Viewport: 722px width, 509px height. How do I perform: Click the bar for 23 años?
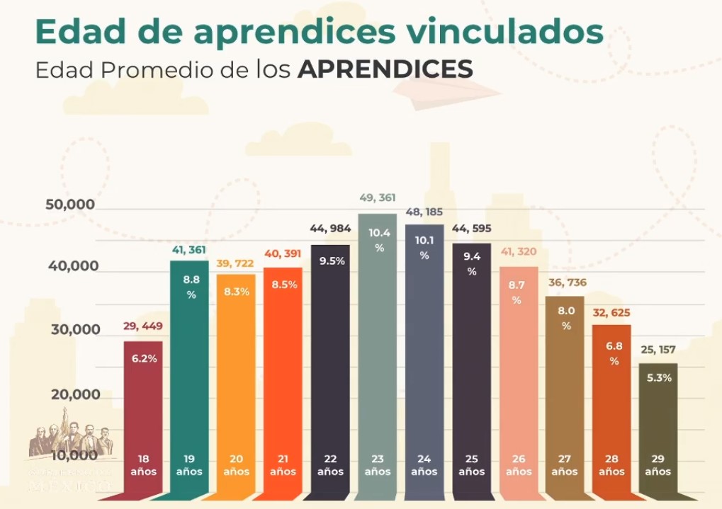tap(377, 354)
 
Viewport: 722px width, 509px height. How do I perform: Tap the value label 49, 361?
tap(378, 198)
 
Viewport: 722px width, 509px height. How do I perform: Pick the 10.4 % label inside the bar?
tap(379, 240)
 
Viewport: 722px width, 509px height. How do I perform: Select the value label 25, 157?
tap(658, 350)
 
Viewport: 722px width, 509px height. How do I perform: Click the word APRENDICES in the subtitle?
tap(385, 69)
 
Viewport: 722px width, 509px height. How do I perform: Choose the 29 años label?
tap(658, 465)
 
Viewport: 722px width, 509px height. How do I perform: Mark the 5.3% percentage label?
tap(659, 378)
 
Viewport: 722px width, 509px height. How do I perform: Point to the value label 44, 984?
tap(330, 228)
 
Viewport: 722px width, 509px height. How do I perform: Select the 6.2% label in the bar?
tap(144, 358)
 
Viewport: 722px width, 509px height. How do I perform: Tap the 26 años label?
tap(518, 465)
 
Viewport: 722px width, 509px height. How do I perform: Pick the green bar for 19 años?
tap(190, 375)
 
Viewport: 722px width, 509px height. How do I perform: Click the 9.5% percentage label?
tap(332, 261)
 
